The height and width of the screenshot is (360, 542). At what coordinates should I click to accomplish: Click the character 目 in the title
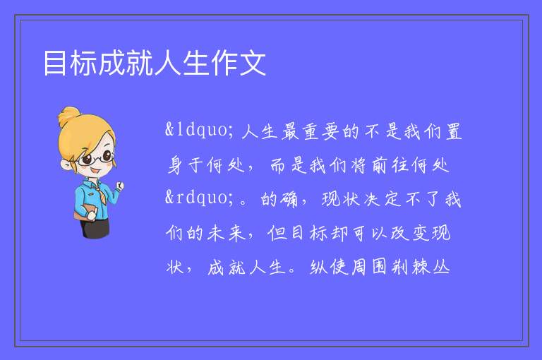tap(55, 63)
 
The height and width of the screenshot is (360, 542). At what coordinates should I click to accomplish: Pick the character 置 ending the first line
tap(454, 131)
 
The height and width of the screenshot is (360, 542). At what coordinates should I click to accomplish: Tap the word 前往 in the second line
tap(390, 165)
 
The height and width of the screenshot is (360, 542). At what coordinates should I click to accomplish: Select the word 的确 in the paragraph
tap(279, 199)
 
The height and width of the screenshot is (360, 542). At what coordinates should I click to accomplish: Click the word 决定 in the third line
tap(382, 199)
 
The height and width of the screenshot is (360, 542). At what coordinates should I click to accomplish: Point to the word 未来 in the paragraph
tap(227, 233)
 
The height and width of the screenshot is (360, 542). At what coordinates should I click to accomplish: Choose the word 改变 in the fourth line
tap(409, 233)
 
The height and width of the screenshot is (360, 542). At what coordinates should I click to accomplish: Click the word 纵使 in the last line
tap(329, 267)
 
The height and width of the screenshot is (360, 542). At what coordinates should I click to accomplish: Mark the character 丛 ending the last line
tap(441, 267)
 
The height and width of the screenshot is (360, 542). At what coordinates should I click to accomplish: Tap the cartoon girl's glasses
tap(97, 158)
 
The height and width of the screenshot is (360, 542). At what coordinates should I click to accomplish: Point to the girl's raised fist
tap(119, 186)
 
